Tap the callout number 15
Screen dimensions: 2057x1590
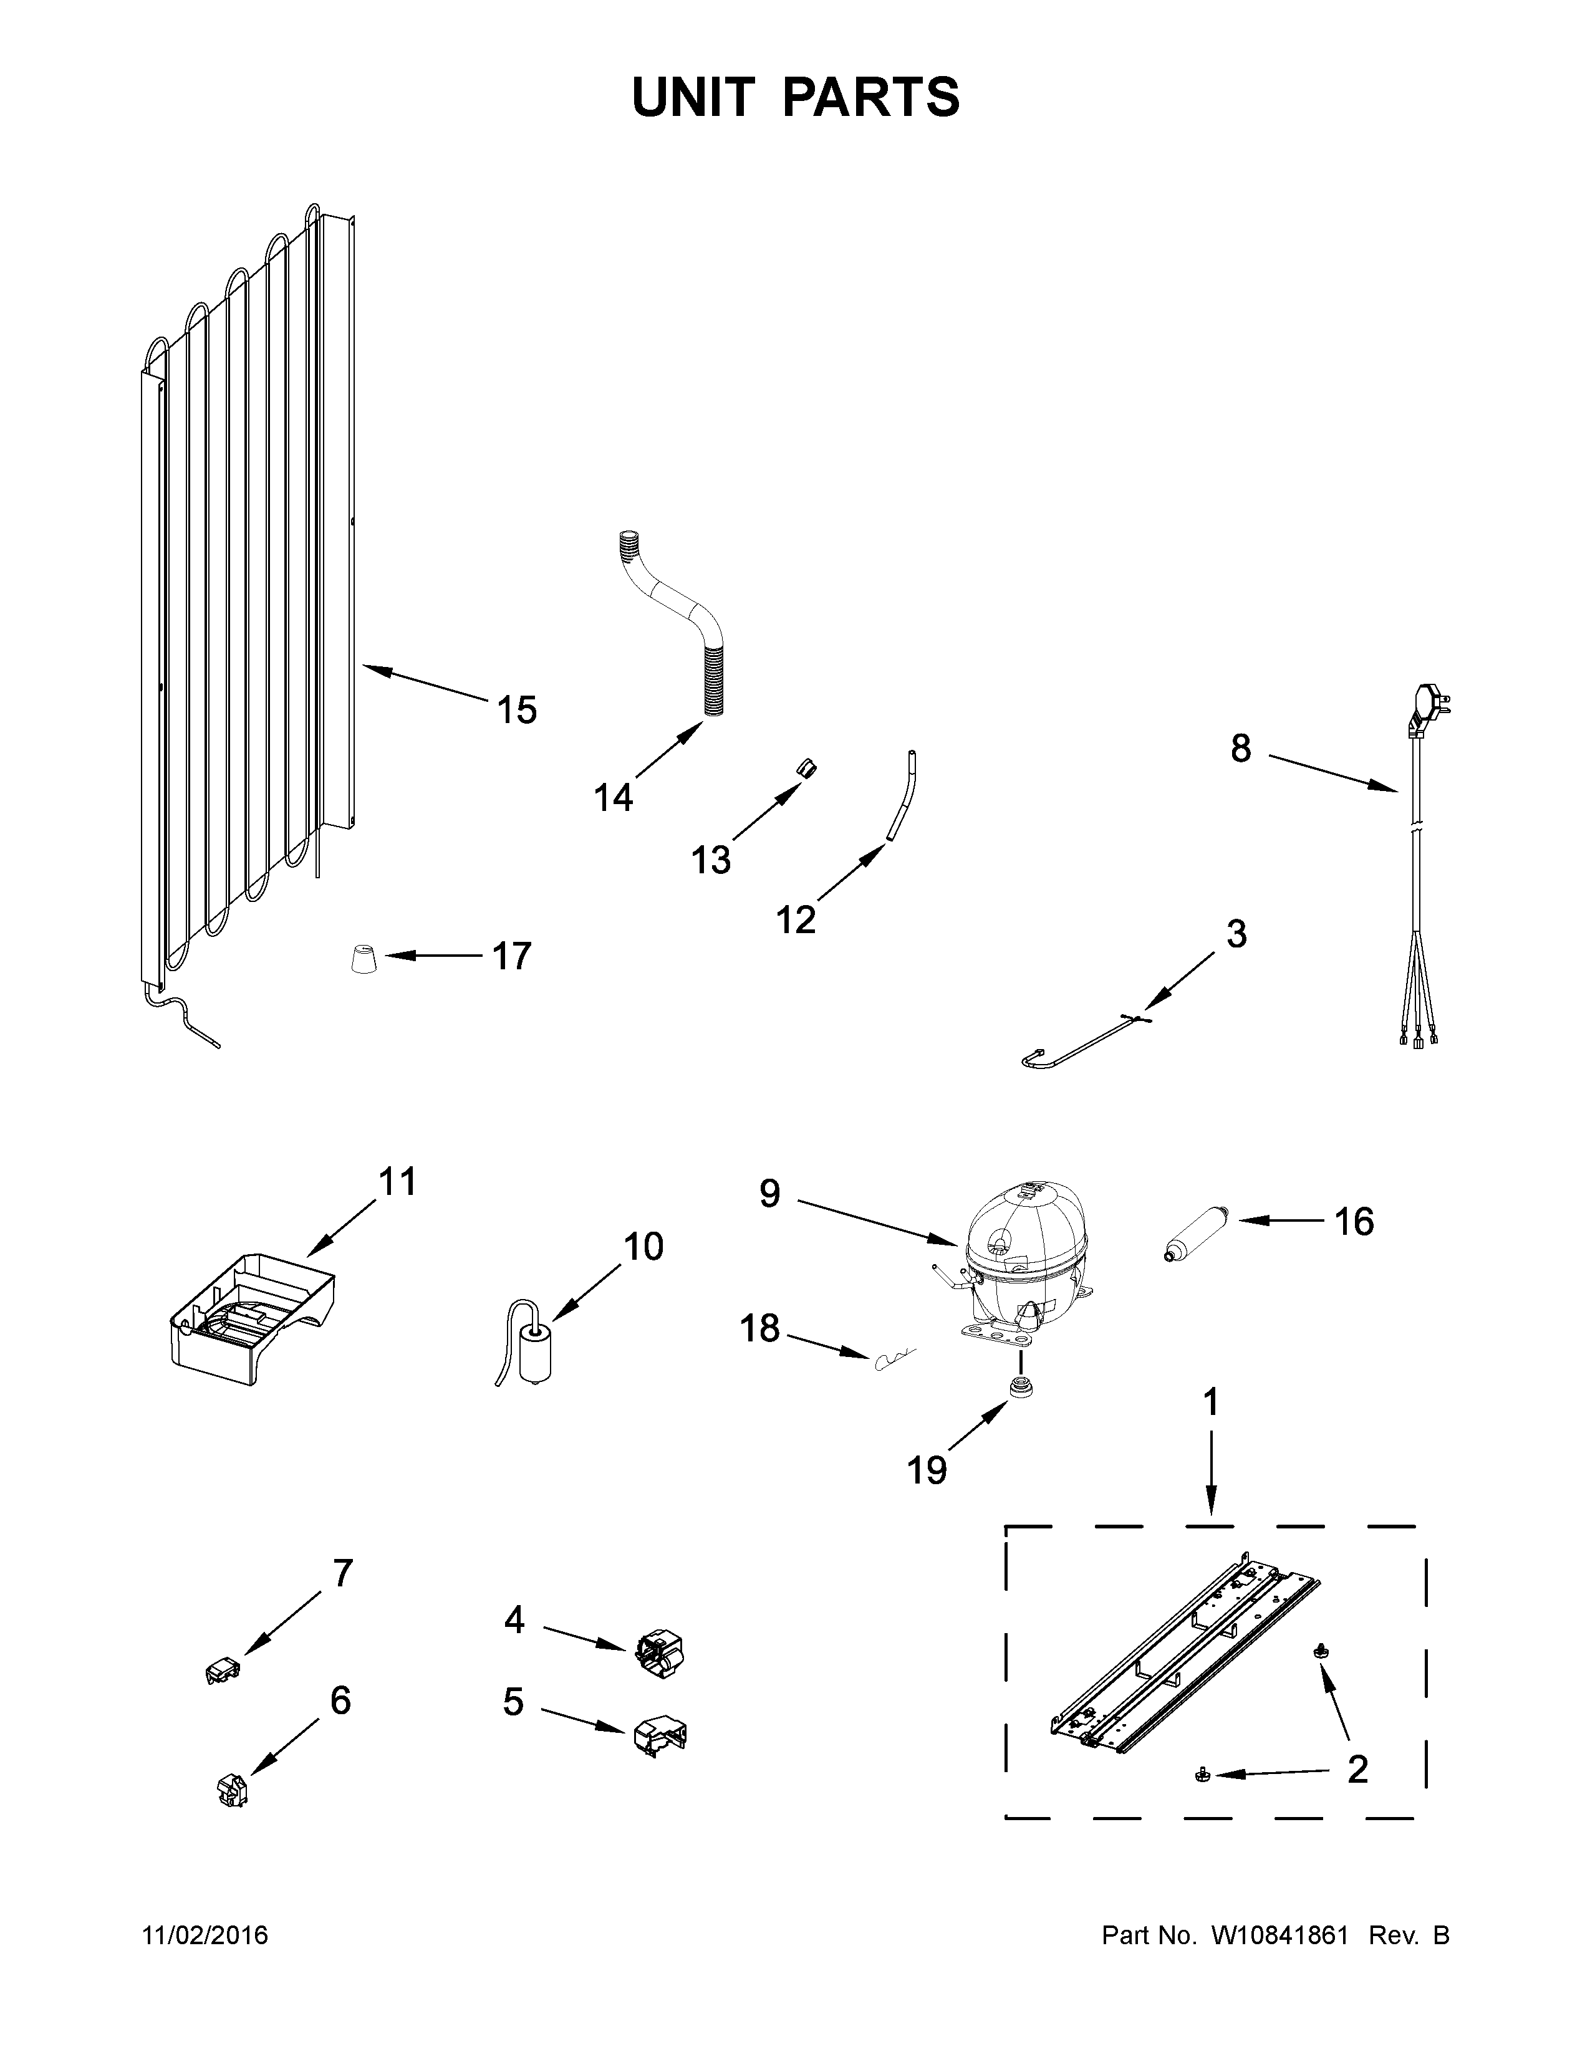tap(516, 710)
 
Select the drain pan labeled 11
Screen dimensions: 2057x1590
tap(249, 1318)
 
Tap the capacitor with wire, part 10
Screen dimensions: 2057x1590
tap(535, 1351)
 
